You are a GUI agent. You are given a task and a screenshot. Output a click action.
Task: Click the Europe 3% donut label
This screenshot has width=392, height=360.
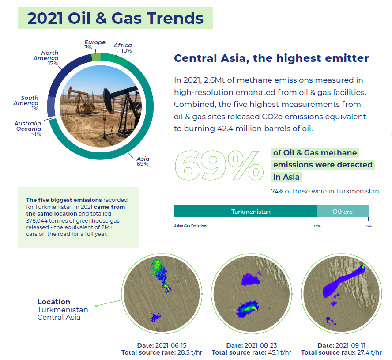(95, 45)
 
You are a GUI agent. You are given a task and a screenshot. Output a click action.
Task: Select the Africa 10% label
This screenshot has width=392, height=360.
(123, 48)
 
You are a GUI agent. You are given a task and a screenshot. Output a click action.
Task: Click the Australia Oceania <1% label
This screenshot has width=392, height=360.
(28, 129)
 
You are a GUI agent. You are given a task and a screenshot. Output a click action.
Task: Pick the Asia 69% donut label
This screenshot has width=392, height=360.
(143, 161)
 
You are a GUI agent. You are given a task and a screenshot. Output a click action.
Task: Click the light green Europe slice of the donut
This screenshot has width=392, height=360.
(96, 57)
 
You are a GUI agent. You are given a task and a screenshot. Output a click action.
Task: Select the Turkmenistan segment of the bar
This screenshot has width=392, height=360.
(245, 212)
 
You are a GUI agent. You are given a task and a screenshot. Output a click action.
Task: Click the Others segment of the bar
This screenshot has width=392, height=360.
(343, 212)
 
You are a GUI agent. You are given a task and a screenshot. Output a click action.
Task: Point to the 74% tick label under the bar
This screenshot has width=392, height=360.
(317, 226)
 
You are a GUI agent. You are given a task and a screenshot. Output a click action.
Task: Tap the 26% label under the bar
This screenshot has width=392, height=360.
(368, 226)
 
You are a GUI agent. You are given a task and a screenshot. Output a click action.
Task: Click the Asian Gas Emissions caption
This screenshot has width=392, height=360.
(191, 226)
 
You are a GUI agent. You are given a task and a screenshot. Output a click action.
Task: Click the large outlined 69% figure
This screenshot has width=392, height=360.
(219, 166)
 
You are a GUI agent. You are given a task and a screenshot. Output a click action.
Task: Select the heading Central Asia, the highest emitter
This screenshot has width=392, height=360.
(271, 58)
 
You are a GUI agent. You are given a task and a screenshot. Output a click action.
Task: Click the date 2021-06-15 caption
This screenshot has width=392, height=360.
(162, 345)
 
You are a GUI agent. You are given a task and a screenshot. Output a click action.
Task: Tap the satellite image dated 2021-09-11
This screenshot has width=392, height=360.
(342, 294)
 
